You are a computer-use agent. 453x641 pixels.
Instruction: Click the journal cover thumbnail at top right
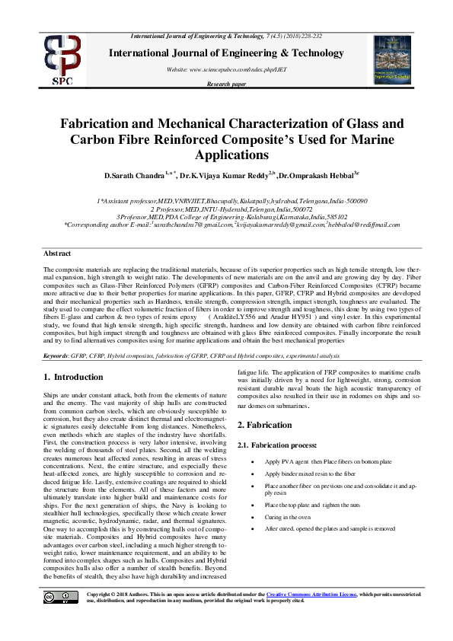click(392, 58)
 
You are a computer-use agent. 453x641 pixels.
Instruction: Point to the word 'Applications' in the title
click(226, 155)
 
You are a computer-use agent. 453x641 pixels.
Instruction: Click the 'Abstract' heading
click(57, 253)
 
